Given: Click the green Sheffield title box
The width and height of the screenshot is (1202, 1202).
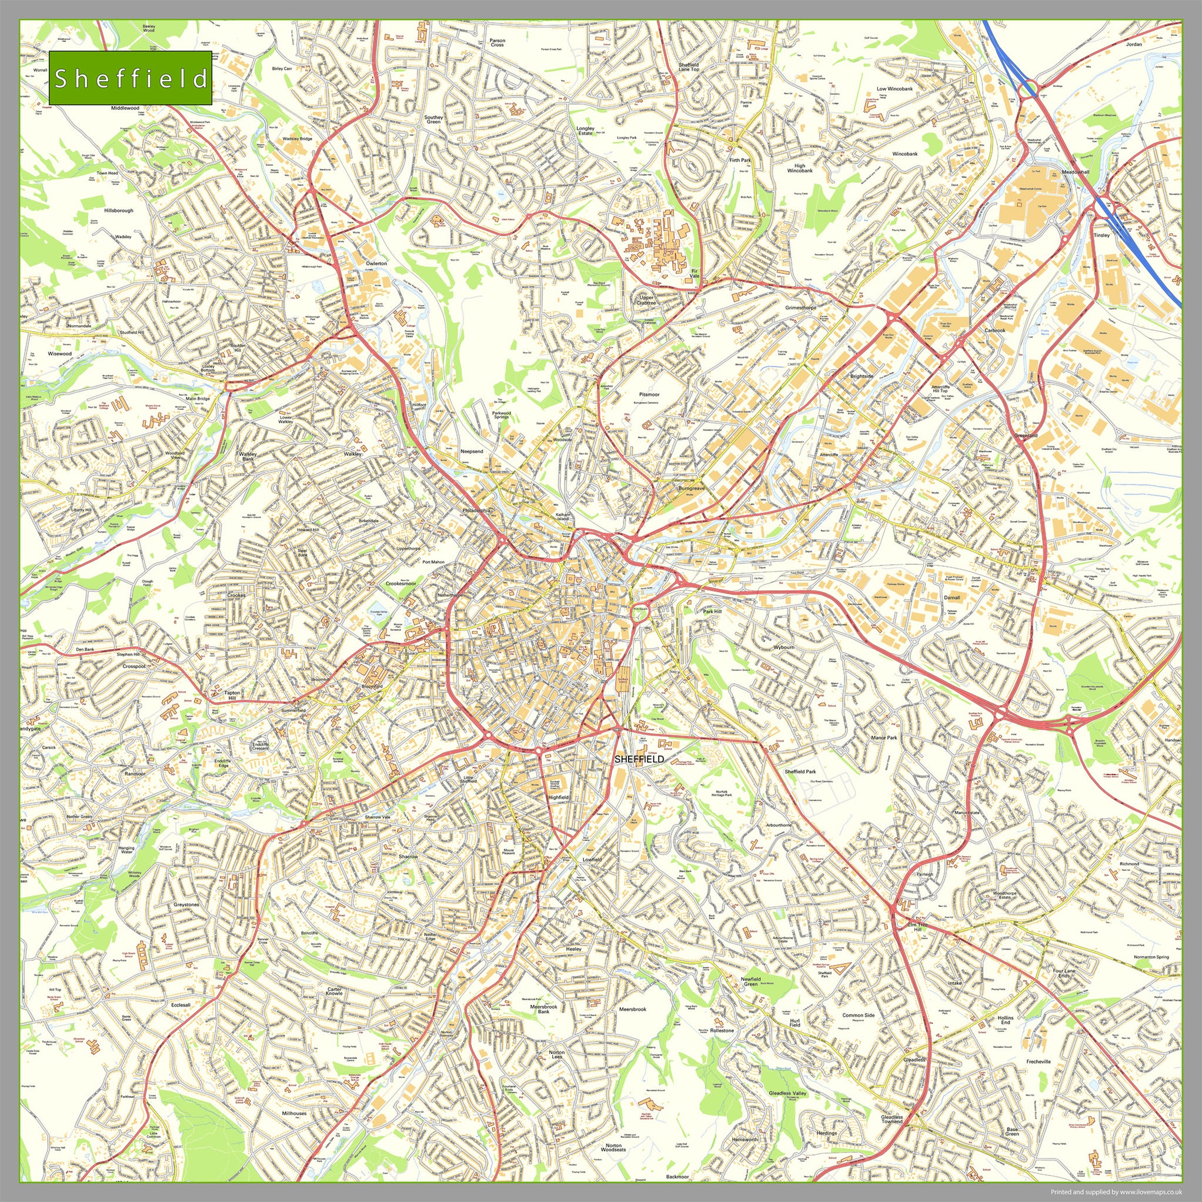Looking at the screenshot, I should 130,78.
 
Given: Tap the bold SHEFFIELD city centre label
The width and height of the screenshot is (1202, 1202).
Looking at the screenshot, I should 639,760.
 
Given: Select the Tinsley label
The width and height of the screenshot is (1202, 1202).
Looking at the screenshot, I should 1101,236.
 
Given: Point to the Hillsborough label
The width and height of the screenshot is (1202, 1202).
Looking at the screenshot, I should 119,211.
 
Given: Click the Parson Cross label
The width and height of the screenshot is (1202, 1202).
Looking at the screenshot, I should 497,43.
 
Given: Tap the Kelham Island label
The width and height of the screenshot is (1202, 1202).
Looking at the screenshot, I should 563,517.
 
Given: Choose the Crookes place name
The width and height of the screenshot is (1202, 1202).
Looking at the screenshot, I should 236,595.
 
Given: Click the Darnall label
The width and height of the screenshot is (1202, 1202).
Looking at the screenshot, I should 952,597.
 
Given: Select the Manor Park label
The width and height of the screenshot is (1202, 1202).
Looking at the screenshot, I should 884,737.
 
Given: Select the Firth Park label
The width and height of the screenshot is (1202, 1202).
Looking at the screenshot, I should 740,160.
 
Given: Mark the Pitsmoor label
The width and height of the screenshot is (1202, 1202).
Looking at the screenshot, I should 648,395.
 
